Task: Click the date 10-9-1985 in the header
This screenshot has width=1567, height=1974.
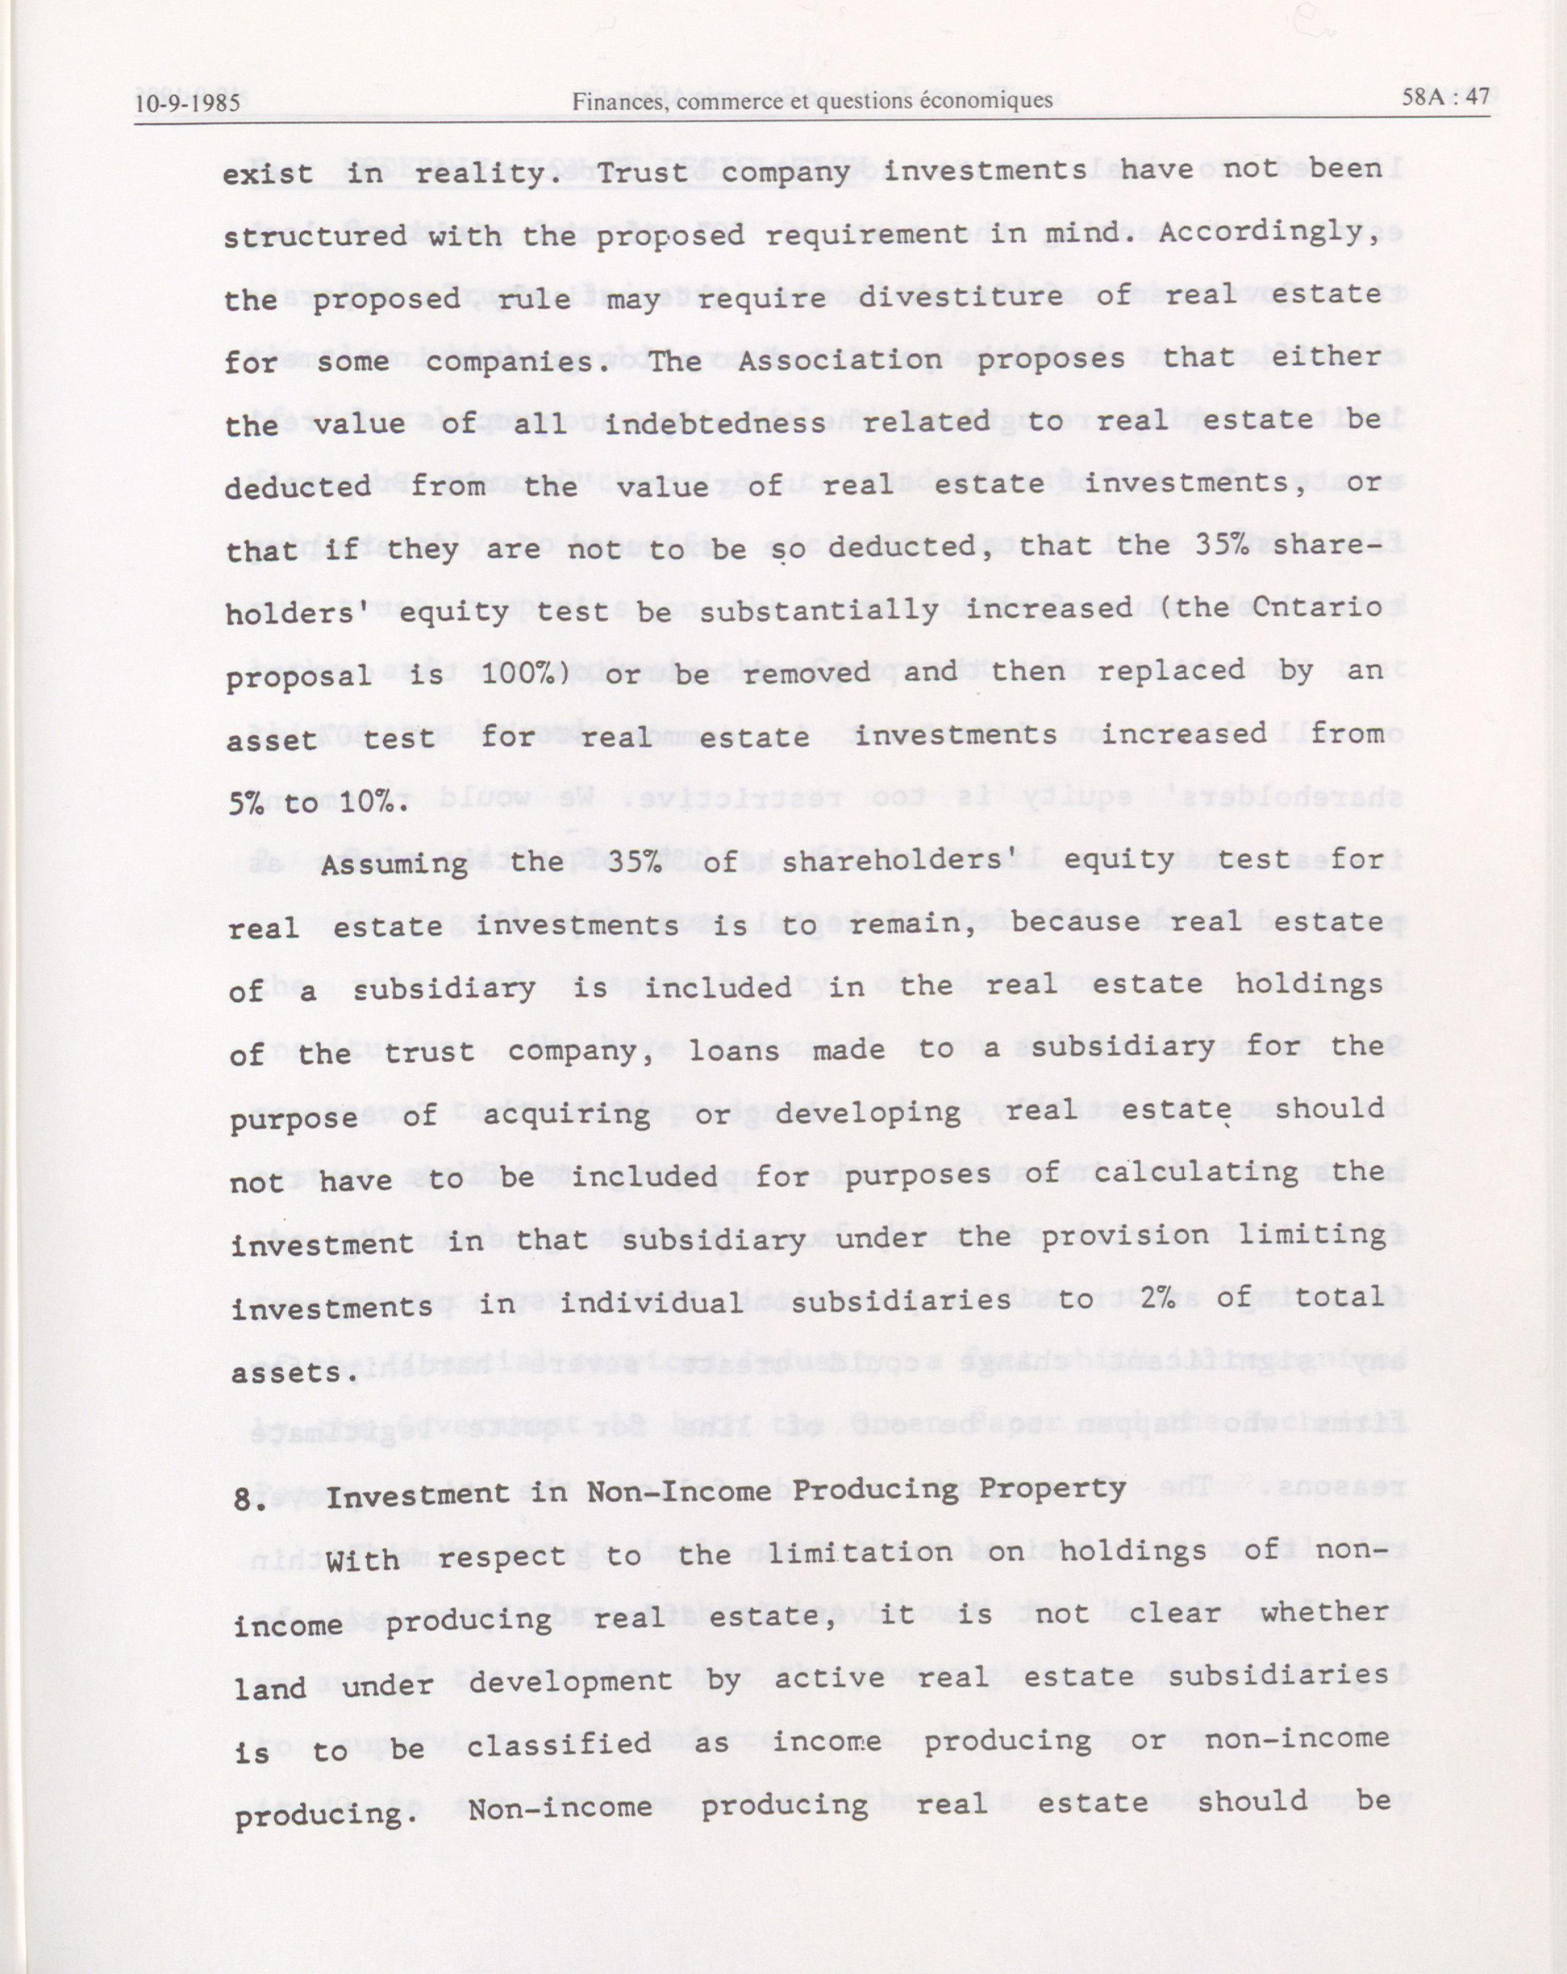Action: tap(187, 103)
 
